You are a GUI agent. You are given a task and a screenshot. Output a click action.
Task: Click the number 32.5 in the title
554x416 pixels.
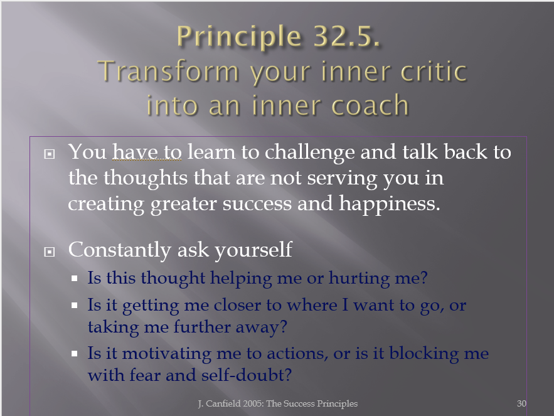click(346, 36)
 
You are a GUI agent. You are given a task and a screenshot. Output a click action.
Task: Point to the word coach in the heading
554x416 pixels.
click(370, 105)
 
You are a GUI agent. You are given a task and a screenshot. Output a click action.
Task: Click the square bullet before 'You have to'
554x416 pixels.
click(50, 154)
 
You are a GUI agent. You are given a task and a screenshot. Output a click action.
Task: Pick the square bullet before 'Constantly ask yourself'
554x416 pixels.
click(50, 252)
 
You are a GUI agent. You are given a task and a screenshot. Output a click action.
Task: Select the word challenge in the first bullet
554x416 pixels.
click(309, 152)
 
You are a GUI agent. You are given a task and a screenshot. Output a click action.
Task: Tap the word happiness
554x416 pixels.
click(390, 205)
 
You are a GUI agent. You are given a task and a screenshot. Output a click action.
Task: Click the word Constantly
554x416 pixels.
click(119, 250)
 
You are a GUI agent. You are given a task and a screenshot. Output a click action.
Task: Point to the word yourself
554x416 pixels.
click(253, 250)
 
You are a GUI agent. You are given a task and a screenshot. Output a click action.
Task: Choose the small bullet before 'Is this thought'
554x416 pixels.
click(74, 279)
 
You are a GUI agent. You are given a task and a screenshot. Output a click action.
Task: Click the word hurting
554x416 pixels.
click(359, 278)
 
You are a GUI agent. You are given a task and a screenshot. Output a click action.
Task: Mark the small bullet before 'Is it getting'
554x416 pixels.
click(74, 305)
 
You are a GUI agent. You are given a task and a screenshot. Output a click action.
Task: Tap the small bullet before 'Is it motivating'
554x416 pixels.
click(74, 353)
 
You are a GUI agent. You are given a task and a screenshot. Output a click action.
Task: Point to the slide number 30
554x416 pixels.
click(521, 403)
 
